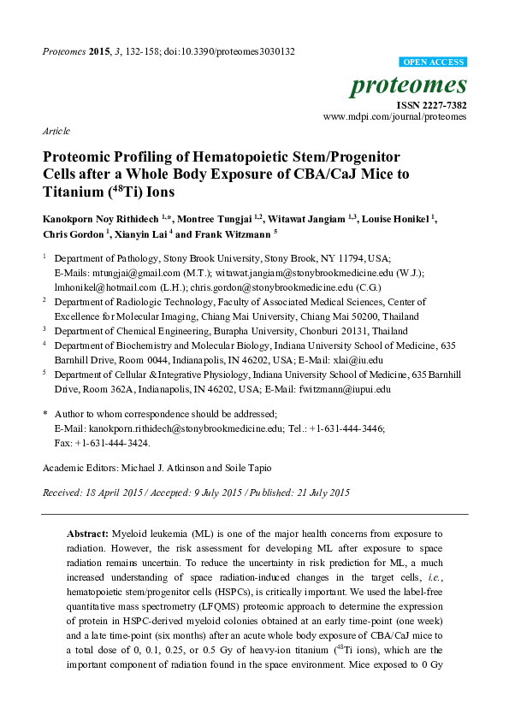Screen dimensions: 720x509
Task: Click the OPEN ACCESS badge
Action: click(434, 63)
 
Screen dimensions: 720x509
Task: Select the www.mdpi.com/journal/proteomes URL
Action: click(394, 116)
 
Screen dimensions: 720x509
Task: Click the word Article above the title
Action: click(56, 133)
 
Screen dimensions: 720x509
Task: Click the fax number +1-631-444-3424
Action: click(113, 444)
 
